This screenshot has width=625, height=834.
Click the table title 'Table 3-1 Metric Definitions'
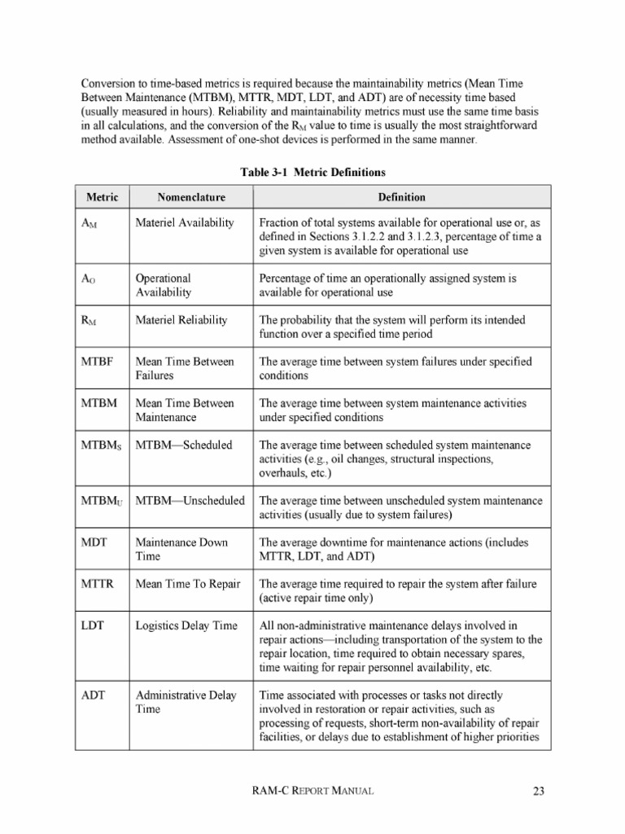point(312,172)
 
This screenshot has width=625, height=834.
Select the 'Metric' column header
point(103,197)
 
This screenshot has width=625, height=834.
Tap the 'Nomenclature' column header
point(191,197)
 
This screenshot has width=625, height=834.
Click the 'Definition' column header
point(401,197)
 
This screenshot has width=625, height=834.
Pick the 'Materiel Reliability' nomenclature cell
point(181,320)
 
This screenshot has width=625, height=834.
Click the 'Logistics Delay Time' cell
point(186,625)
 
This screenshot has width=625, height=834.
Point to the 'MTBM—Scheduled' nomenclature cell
point(184,445)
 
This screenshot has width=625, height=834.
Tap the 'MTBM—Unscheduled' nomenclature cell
point(190,500)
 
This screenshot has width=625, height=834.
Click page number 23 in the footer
point(538,790)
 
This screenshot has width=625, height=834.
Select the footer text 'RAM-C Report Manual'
point(312,790)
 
